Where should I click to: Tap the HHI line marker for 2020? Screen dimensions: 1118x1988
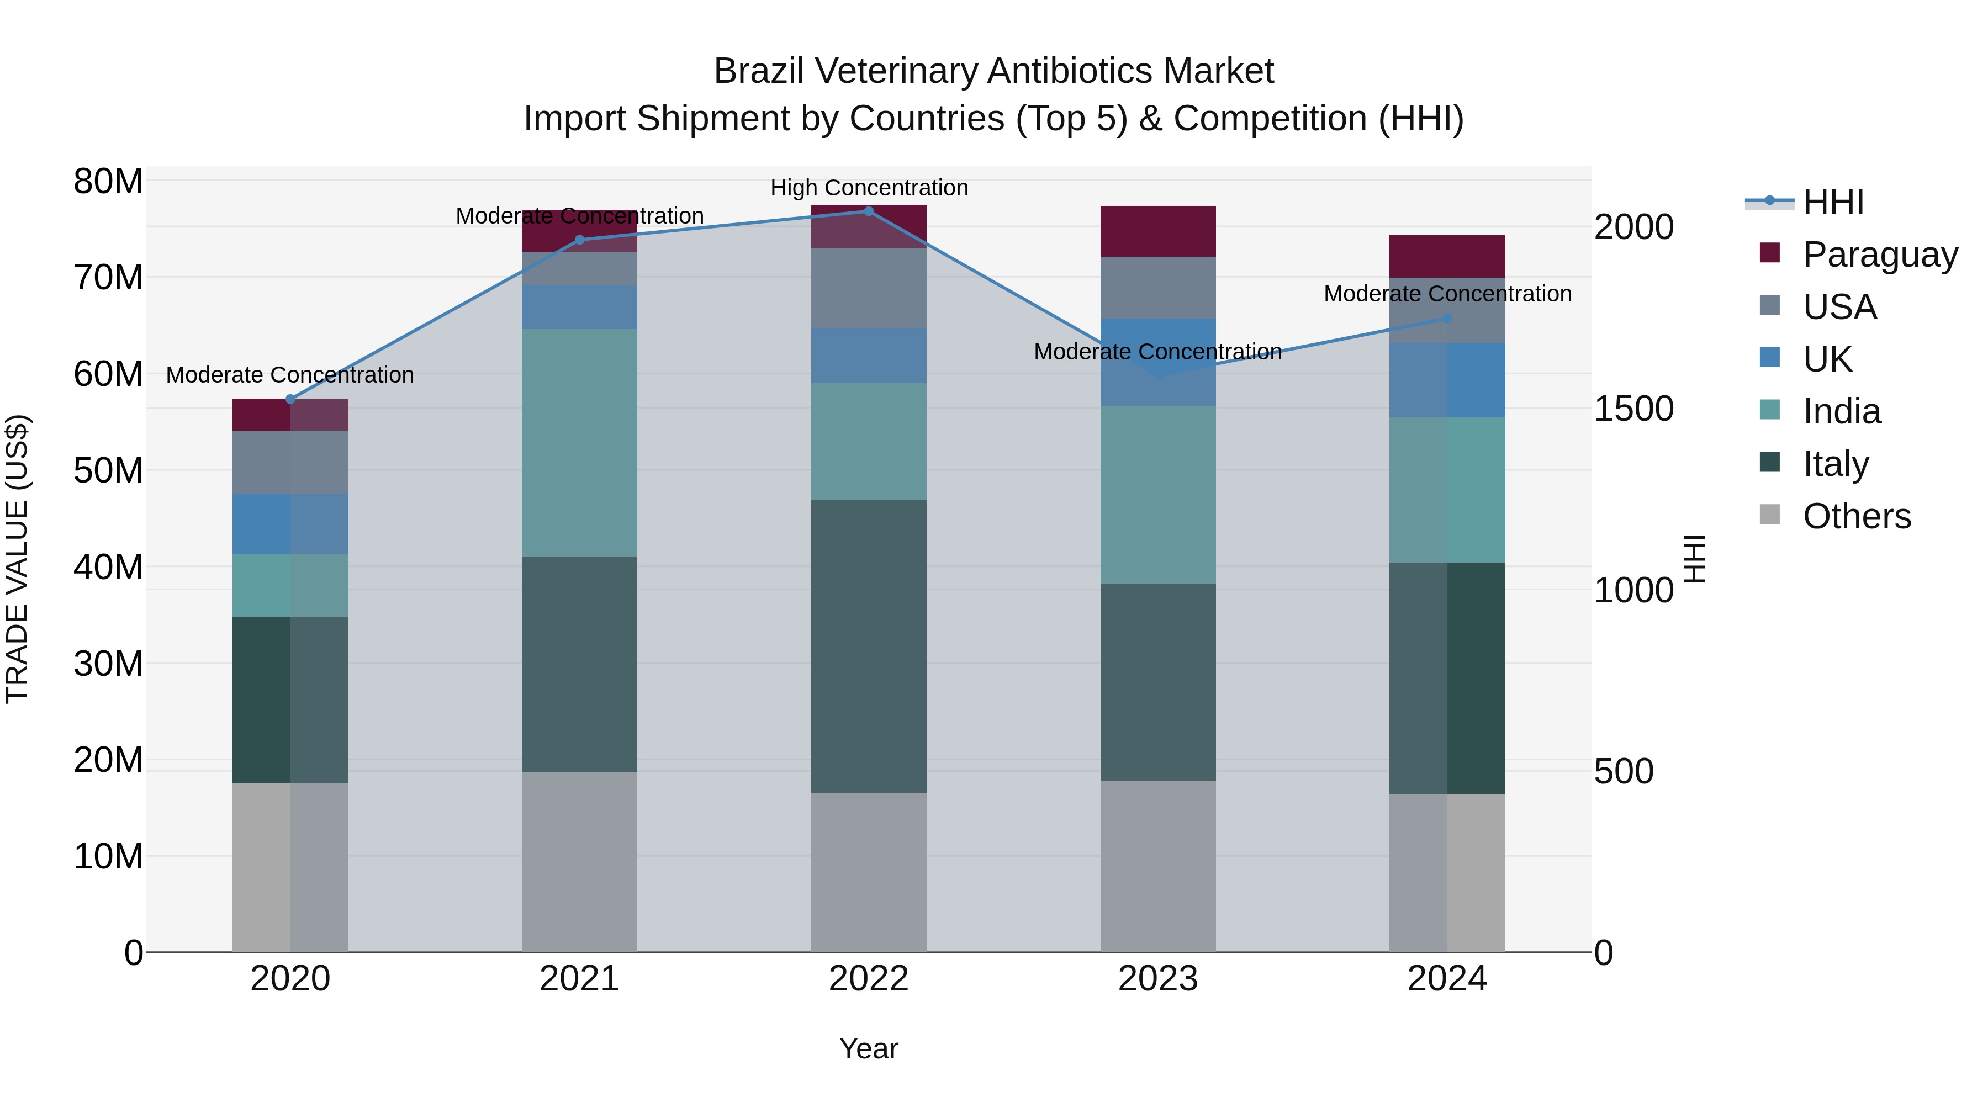290,399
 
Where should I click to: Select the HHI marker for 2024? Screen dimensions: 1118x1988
1447,318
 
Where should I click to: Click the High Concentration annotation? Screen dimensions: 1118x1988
869,188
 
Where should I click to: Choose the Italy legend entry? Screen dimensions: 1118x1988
1835,463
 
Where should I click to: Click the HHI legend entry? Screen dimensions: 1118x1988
1833,202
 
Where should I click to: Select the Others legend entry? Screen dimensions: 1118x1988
1856,516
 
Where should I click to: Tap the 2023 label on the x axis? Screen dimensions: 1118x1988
1157,978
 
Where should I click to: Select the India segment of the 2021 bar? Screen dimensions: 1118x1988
580,442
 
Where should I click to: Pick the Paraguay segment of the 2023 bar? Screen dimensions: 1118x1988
1157,231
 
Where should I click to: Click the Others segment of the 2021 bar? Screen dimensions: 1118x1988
580,861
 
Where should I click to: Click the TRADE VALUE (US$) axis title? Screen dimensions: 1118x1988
17,559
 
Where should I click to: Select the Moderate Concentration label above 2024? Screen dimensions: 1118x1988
1447,293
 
